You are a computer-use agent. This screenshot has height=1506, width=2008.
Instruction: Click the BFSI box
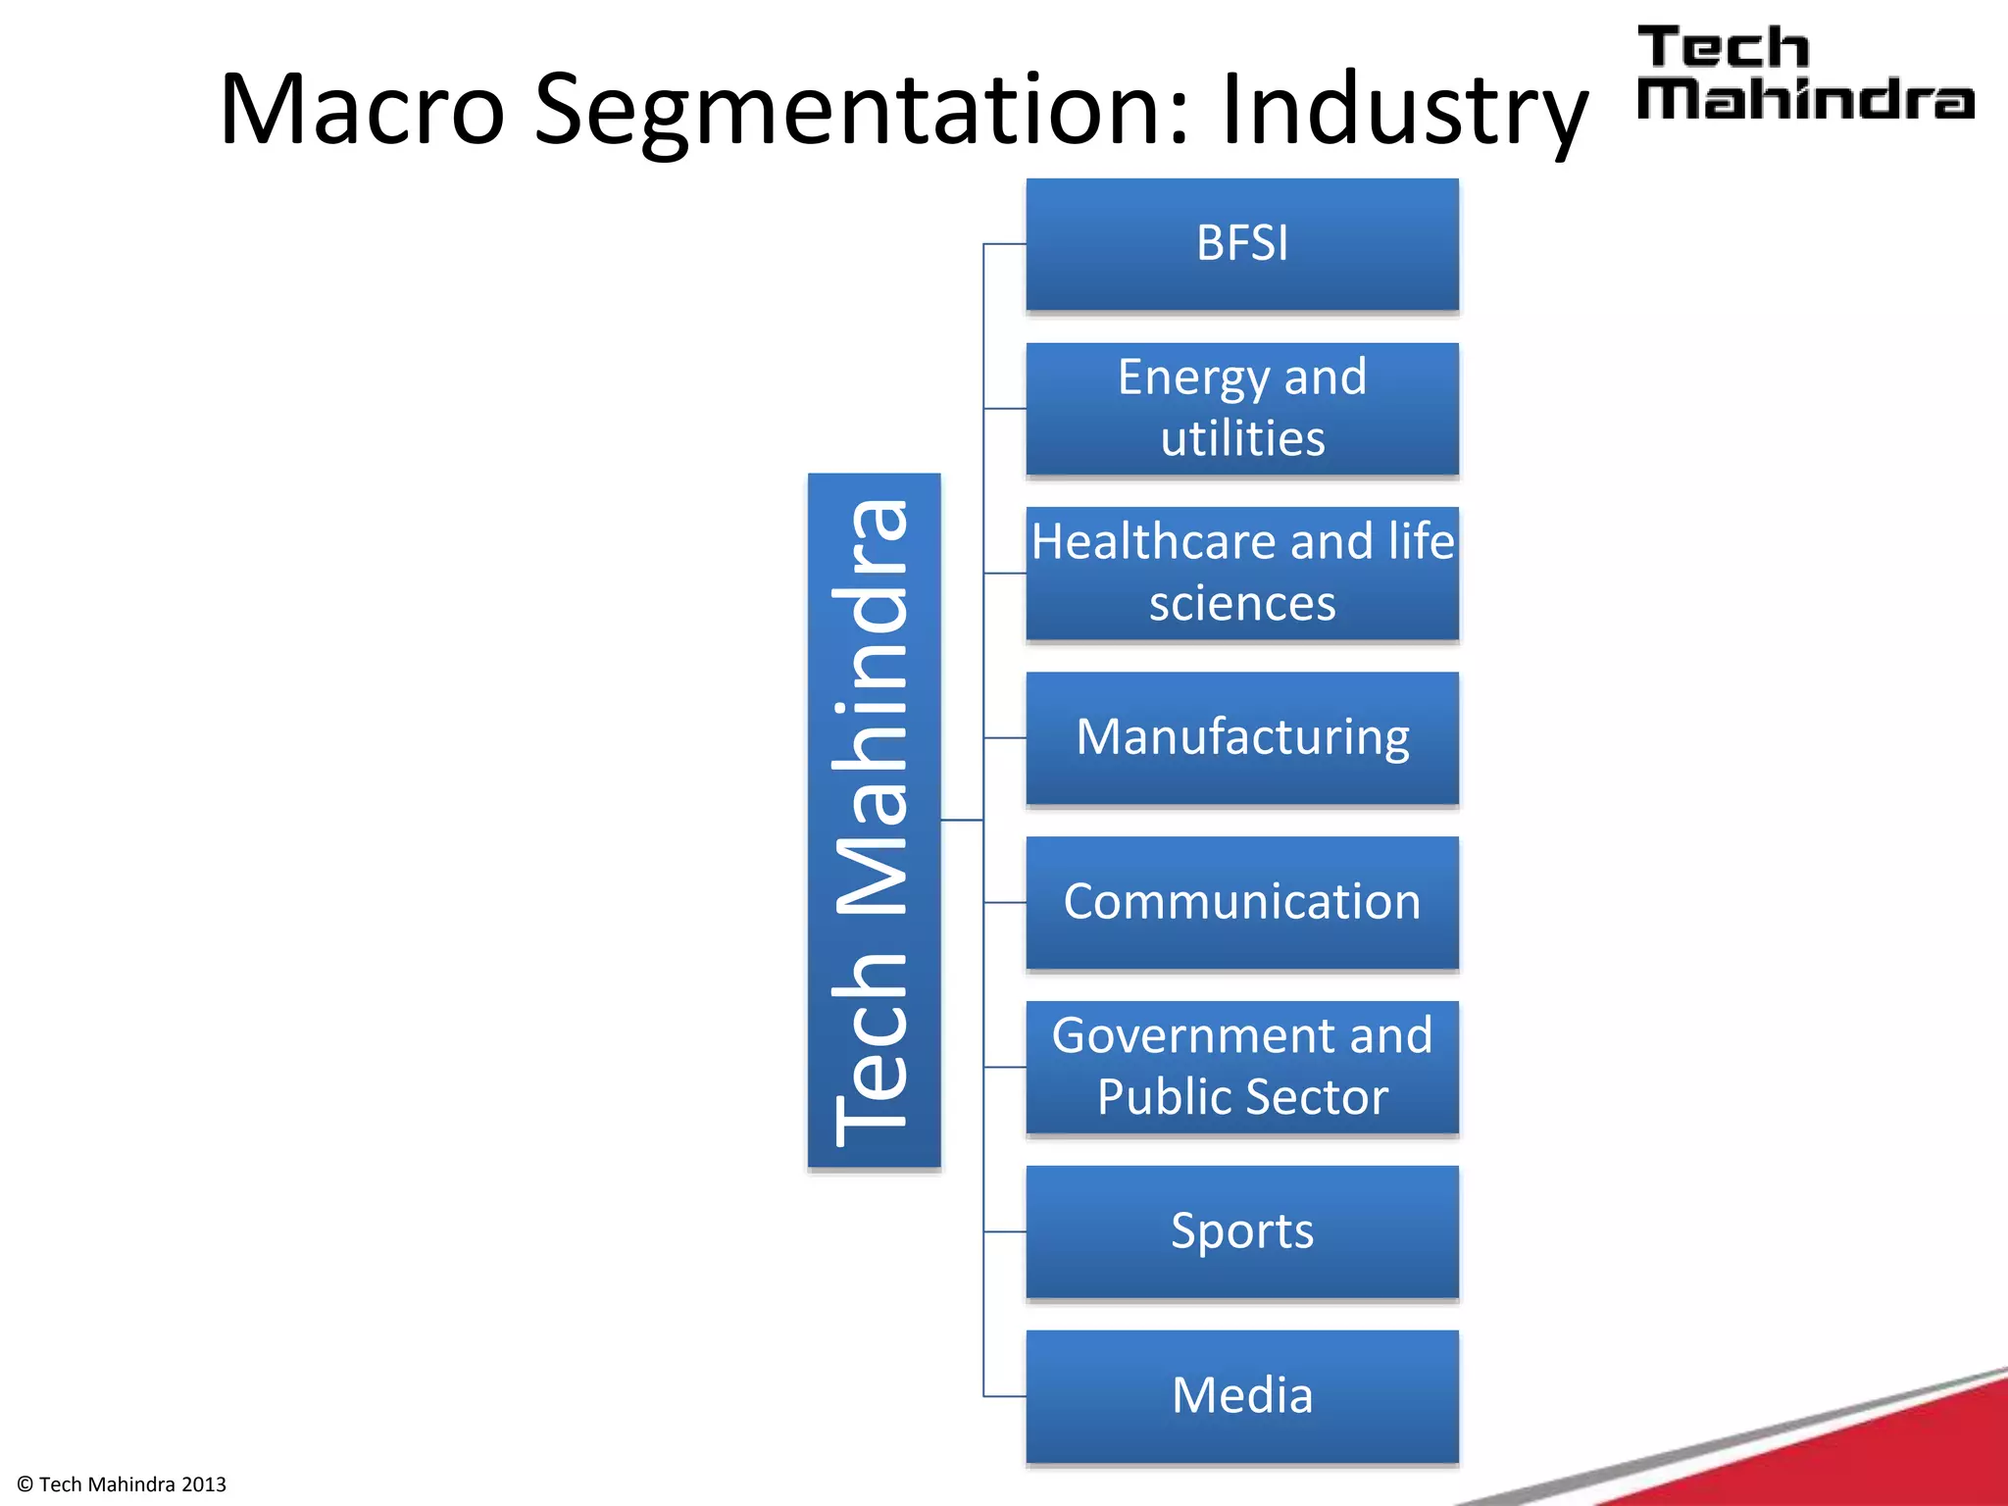pyautogui.click(x=1241, y=244)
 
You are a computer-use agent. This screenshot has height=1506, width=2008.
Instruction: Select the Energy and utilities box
pyautogui.click(x=1241, y=409)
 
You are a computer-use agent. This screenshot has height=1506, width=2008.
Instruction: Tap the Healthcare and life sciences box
pyautogui.click(x=1241, y=574)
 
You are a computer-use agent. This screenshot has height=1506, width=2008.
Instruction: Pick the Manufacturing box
pyautogui.click(x=1241, y=737)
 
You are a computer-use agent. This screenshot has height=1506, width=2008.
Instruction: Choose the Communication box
pyautogui.click(x=1241, y=902)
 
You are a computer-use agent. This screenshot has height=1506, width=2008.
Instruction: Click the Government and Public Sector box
pyautogui.click(x=1241, y=1067)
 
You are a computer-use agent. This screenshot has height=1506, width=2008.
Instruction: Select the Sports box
pyautogui.click(x=1241, y=1231)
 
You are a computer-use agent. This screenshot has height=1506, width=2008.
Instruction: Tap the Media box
pyautogui.click(x=1241, y=1395)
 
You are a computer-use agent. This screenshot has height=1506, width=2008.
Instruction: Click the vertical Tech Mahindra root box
pyautogui.click(x=874, y=820)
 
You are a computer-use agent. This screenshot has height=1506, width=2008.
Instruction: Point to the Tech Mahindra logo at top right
pyautogui.click(x=1804, y=74)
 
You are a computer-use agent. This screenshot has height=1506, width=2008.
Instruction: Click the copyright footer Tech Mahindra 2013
pyautogui.click(x=123, y=1484)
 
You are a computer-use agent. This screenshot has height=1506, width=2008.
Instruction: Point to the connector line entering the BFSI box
pyautogui.click(x=1005, y=244)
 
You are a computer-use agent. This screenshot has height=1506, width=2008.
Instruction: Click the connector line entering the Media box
pyautogui.click(x=1005, y=1395)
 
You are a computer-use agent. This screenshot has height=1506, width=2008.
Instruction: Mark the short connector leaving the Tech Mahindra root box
pyautogui.click(x=962, y=820)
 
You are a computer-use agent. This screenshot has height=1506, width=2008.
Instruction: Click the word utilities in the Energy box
pyautogui.click(x=1242, y=439)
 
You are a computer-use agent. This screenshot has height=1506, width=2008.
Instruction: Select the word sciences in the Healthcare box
pyautogui.click(x=1242, y=604)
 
